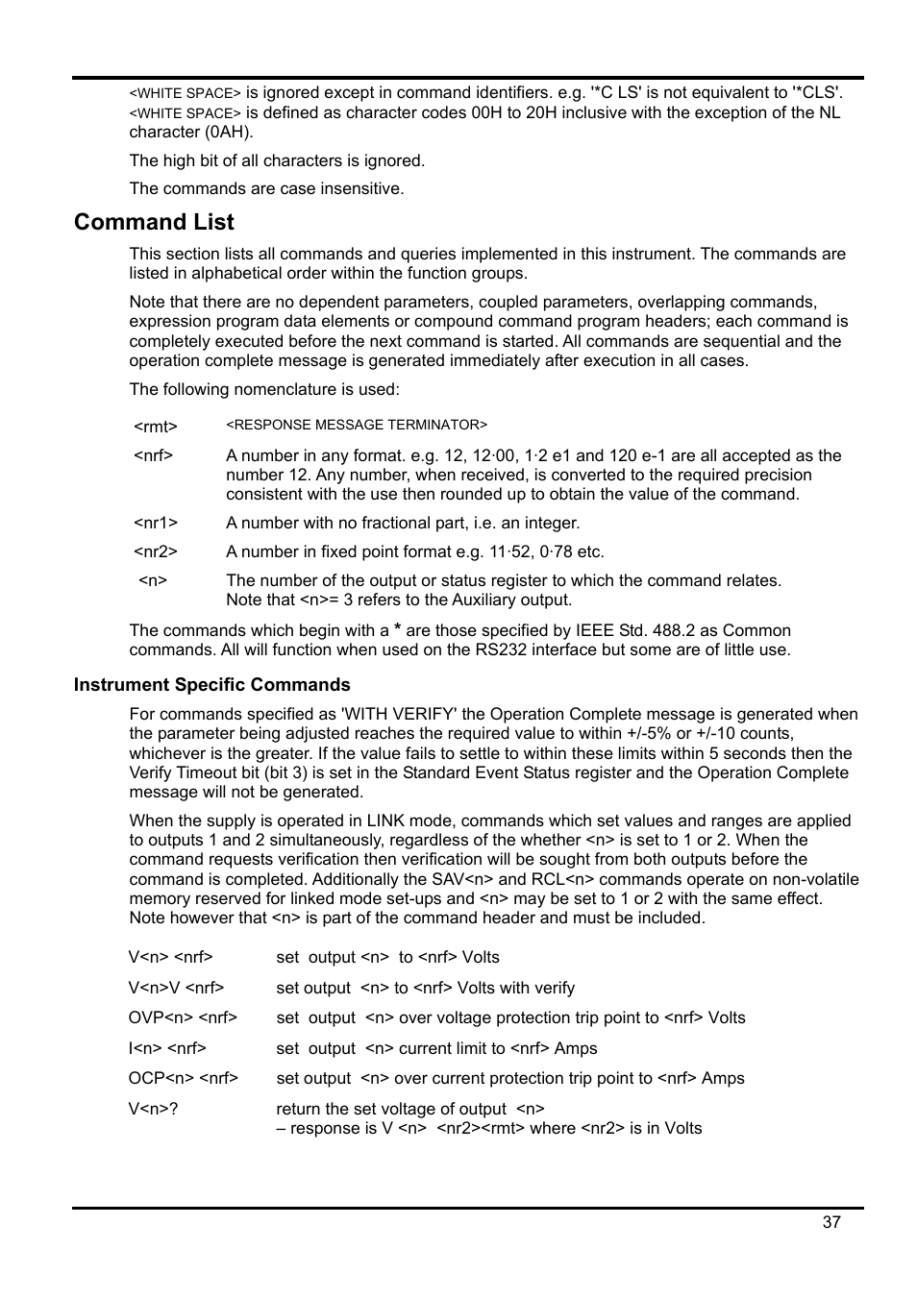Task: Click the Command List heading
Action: pyautogui.click(x=154, y=222)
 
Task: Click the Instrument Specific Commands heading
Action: pyautogui.click(x=211, y=685)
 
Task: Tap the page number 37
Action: pyautogui.click(x=831, y=1222)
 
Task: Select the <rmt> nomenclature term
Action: pyautogui.click(x=155, y=427)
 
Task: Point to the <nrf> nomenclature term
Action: pyautogui.click(x=153, y=455)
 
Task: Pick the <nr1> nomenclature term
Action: pyautogui.click(x=155, y=524)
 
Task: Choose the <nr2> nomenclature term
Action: pyautogui.click(x=155, y=552)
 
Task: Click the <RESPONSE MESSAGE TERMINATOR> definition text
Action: pyautogui.click(x=357, y=425)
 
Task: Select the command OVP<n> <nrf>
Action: pyautogui.click(x=183, y=1017)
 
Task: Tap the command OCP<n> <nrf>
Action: pyautogui.click(x=183, y=1078)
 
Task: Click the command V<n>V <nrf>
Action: pyautogui.click(x=176, y=988)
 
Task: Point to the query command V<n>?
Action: pyautogui.click(x=153, y=1109)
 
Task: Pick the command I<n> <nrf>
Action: pyautogui.click(x=167, y=1048)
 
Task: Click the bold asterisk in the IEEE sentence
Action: pyautogui.click(x=397, y=630)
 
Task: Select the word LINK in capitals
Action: pyautogui.click(x=385, y=820)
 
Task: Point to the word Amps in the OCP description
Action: pyautogui.click(x=723, y=1078)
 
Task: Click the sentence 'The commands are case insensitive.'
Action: pyautogui.click(x=266, y=188)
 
